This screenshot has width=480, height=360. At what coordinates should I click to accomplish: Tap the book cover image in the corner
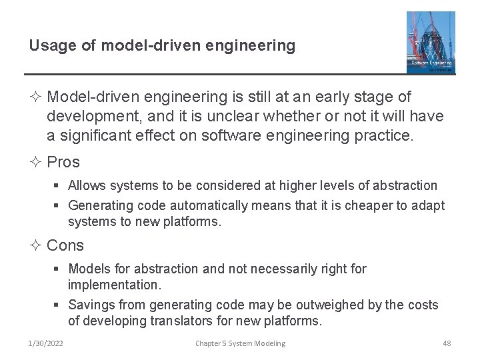point(431,42)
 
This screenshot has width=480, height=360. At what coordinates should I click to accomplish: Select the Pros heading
point(63,162)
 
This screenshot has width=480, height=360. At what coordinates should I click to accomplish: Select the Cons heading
point(65,245)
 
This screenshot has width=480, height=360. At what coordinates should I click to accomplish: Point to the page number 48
point(447,343)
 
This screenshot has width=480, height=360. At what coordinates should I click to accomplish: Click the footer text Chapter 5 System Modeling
point(240,343)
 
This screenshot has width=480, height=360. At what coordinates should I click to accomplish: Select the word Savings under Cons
point(89,305)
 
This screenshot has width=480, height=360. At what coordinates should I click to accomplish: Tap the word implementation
point(113,285)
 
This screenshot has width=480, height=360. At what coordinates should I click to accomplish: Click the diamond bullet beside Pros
point(35,162)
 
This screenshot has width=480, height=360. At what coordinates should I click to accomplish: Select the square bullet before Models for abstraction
point(59,269)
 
